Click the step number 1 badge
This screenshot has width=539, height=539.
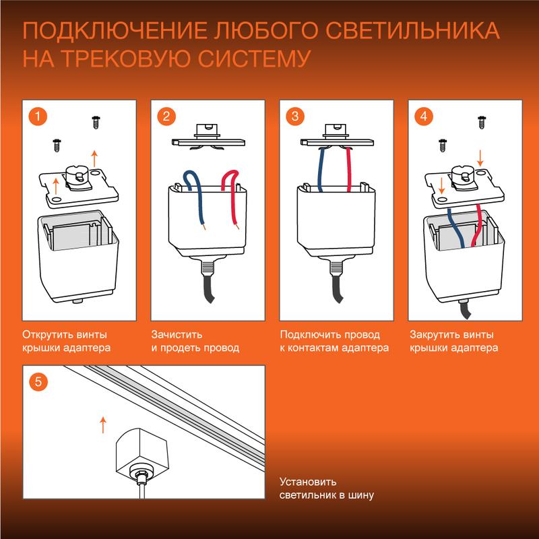[37, 116]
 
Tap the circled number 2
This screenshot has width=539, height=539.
[166, 116]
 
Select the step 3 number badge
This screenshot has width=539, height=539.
[294, 116]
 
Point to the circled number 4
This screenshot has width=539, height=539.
[423, 116]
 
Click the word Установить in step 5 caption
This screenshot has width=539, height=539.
[308, 482]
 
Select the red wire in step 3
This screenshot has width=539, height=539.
[349, 168]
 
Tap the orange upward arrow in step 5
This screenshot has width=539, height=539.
[103, 424]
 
